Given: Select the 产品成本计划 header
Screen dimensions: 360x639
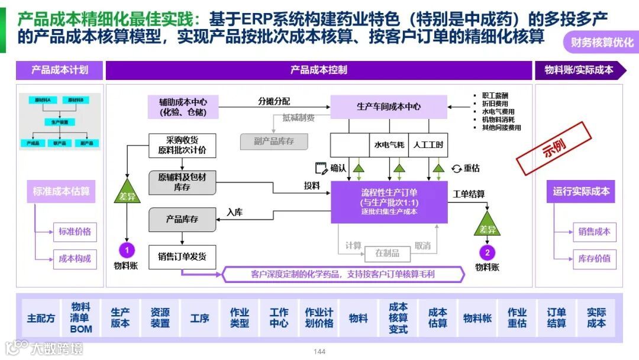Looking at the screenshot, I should click(x=59, y=70).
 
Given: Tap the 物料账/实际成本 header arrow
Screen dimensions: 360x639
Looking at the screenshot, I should click(x=578, y=70).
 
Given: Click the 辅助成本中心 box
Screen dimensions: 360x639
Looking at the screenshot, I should click(x=183, y=107).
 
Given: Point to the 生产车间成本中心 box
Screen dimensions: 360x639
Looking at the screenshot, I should click(x=389, y=107).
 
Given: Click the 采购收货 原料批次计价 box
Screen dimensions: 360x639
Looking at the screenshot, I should click(x=182, y=145).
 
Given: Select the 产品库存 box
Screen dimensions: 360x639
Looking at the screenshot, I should click(x=182, y=219).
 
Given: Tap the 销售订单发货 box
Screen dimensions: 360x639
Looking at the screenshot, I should click(x=182, y=256).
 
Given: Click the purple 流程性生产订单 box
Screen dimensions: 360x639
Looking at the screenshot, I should click(x=389, y=202).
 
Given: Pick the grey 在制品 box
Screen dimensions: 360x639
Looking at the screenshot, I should click(x=388, y=253).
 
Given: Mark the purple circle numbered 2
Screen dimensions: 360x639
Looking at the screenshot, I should click(x=487, y=253).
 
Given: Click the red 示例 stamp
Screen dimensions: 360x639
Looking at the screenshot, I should click(x=554, y=149).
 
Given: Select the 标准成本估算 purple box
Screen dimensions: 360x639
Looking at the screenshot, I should click(x=61, y=192).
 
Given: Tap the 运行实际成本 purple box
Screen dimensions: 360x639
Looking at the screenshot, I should click(x=581, y=192).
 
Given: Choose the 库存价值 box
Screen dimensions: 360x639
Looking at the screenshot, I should click(x=594, y=259).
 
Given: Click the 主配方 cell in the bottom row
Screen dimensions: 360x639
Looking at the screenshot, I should click(x=41, y=318).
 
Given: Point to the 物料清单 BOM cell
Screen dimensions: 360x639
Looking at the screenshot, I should click(x=81, y=318).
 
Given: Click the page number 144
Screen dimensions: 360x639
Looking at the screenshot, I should click(x=319, y=352).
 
